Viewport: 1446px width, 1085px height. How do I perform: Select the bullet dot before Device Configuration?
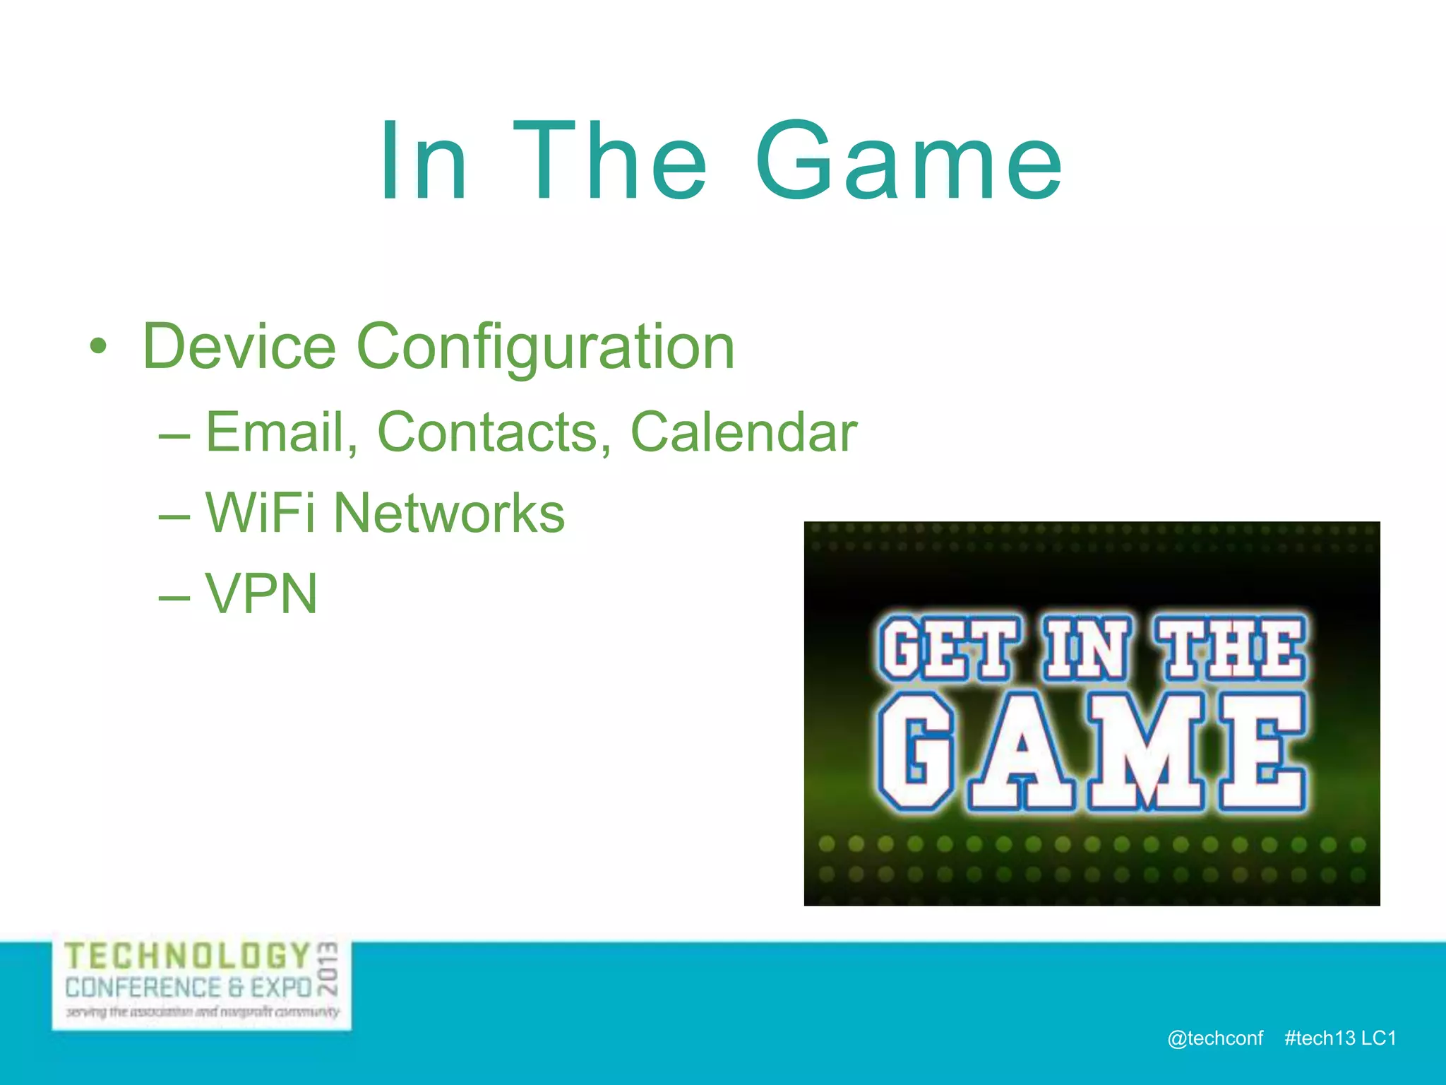pos(98,347)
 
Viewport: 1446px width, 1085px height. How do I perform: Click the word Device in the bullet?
pos(239,346)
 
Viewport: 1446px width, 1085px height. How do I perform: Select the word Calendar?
pos(743,432)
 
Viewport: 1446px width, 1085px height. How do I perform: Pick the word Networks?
pos(449,514)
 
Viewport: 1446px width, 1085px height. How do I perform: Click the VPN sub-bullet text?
pos(261,594)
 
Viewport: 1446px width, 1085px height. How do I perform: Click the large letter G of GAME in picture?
pos(916,752)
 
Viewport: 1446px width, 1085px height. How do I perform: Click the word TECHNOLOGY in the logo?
pos(188,956)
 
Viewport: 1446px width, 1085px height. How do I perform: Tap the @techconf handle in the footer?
pos(1214,1038)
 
